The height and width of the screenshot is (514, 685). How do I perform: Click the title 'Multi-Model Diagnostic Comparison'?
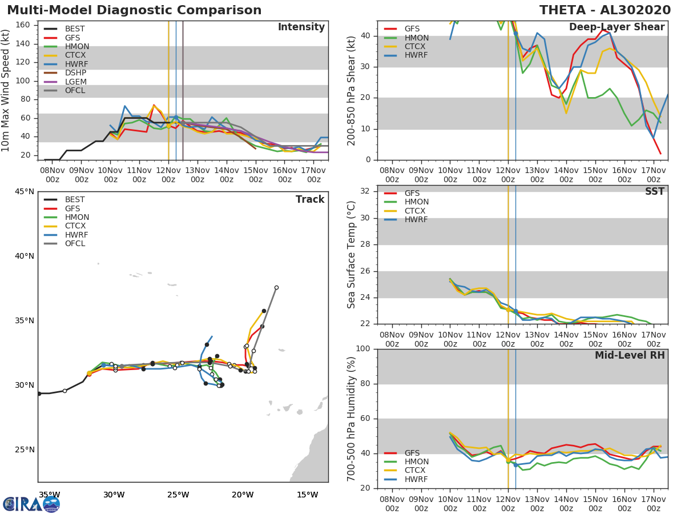point(134,10)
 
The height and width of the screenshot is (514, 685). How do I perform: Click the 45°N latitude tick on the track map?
point(24,191)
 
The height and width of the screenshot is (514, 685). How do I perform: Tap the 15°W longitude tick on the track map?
point(307,495)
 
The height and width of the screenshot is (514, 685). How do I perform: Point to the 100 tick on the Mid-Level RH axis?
point(362,349)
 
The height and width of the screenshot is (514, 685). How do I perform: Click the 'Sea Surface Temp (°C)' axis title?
point(352,255)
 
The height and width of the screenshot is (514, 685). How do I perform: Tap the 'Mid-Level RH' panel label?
point(630,356)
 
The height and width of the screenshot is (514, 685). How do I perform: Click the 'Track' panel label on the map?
point(310,200)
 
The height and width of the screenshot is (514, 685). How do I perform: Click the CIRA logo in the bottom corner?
point(31,504)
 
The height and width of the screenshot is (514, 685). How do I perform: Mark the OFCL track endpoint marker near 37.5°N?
point(276,288)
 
